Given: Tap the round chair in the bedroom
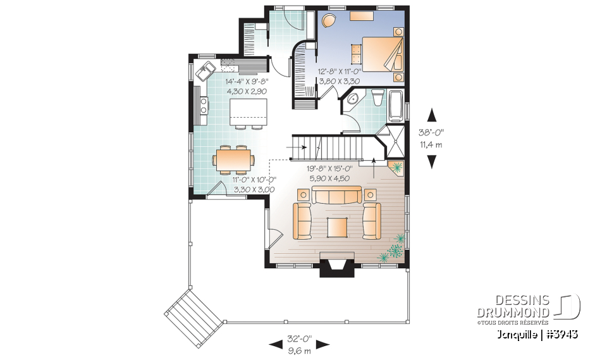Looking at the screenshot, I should [x=329, y=22].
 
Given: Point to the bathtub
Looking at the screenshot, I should [x=395, y=106].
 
